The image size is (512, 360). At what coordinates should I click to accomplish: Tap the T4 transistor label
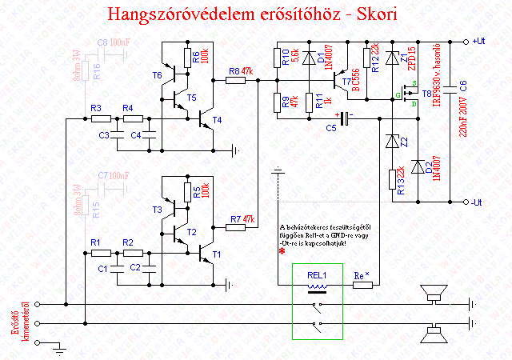[218, 121]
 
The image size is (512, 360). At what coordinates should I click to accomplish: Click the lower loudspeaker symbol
[435, 332]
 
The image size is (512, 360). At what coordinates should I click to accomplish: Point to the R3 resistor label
[96, 108]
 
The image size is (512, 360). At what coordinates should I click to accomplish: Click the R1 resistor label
[96, 242]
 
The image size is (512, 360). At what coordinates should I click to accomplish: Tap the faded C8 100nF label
[112, 41]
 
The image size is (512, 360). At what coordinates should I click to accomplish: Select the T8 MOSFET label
[426, 94]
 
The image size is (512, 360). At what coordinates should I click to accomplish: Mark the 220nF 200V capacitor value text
[462, 136]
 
